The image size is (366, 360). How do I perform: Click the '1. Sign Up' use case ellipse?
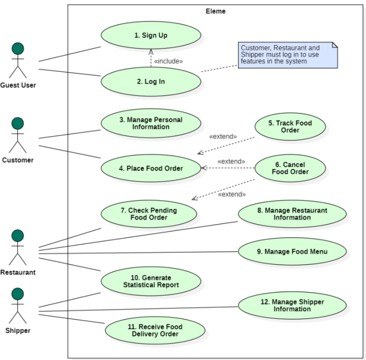pos(151,35)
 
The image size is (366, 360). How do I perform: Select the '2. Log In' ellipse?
pos(151,82)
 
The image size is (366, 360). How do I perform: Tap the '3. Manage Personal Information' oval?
pos(151,123)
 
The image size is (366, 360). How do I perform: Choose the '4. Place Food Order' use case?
pos(151,168)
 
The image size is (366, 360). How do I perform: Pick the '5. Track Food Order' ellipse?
pos(290,127)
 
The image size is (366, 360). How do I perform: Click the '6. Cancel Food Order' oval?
pos(290,168)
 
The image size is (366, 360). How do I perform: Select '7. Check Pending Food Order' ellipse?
pos(149,214)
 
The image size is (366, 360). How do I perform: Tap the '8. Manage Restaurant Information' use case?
pos(292,214)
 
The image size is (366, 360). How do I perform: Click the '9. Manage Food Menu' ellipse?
pos(292,252)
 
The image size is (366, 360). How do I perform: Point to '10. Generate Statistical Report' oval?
pos(151,281)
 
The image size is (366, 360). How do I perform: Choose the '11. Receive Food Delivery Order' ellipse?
pos(155,330)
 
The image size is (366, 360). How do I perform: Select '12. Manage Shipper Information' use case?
pos(292,305)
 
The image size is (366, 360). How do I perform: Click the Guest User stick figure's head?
pos(18,48)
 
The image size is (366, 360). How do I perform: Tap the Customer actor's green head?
pos(18,123)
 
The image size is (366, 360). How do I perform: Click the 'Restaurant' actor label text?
pos(18,272)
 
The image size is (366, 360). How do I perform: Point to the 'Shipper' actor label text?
pos(18,331)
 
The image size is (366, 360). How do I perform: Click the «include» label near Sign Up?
pos(168,62)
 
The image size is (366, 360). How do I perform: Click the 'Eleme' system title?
pos(216,12)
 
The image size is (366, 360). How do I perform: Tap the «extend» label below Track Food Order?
pos(223,137)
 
